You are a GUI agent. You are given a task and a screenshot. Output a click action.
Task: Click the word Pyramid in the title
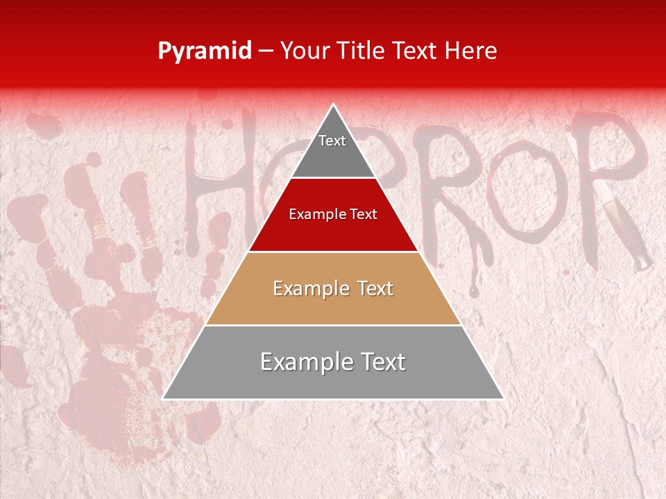pyautogui.click(x=205, y=51)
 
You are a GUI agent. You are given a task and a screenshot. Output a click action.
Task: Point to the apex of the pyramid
pyautogui.click(x=334, y=105)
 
